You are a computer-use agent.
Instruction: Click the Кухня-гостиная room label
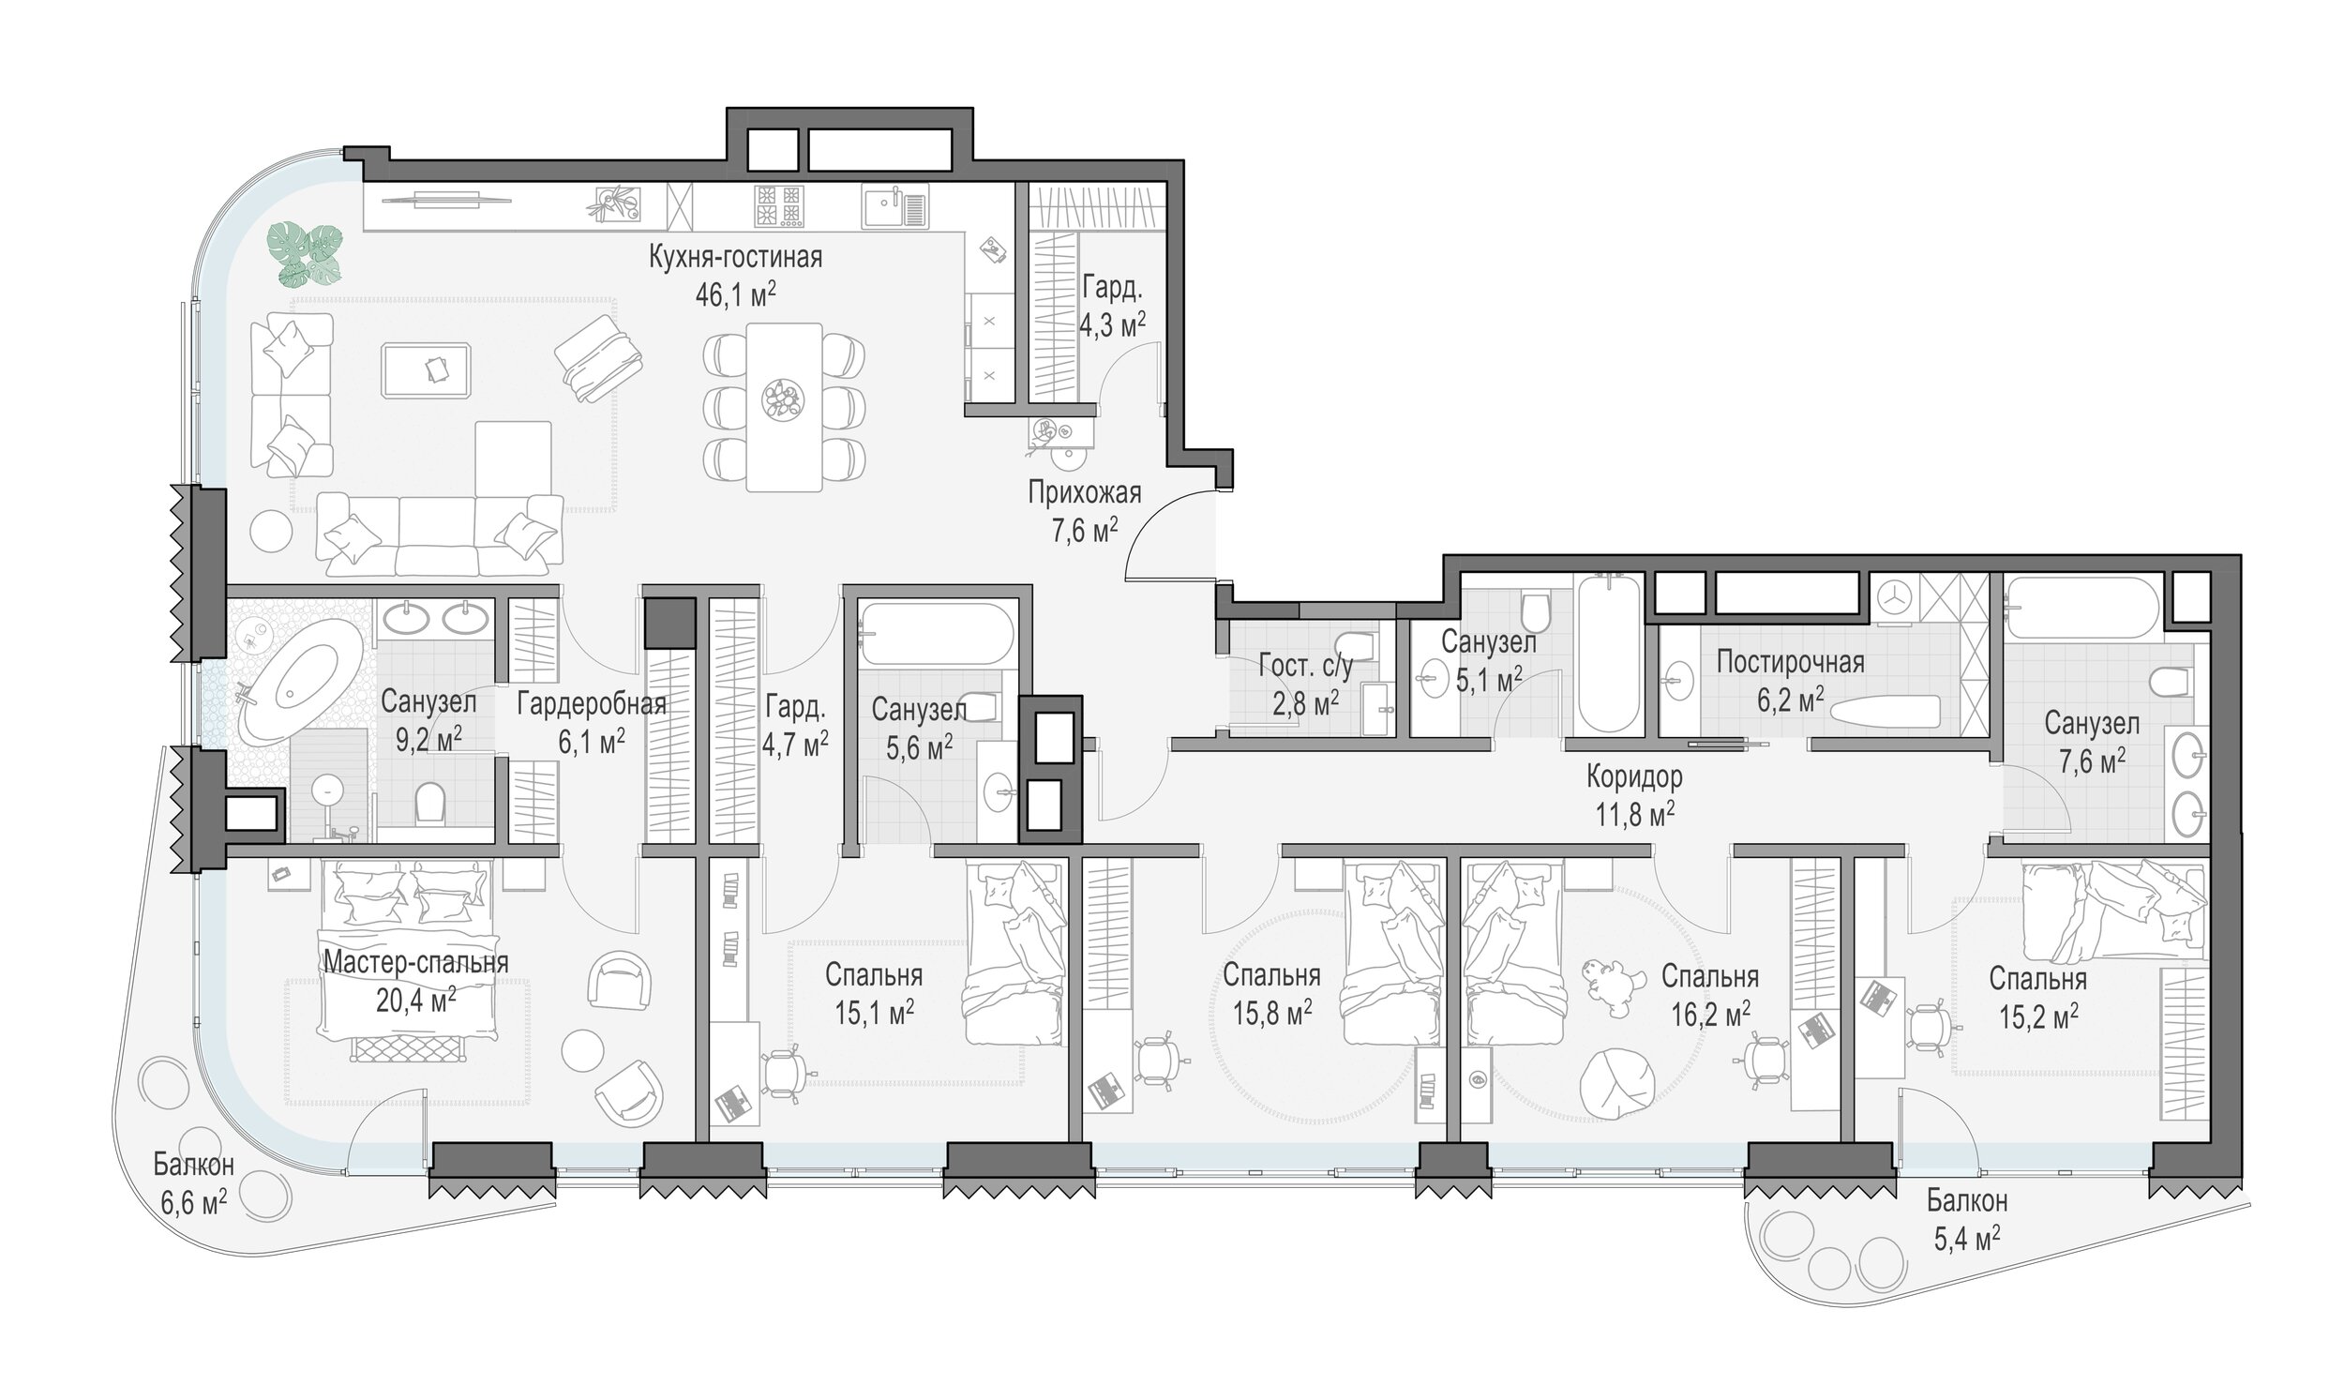coord(735,258)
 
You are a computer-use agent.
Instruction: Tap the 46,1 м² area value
coord(735,294)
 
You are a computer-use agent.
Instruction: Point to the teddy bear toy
coord(1604,987)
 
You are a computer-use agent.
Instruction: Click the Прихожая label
coord(1084,492)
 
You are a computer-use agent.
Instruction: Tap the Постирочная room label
coord(1790,661)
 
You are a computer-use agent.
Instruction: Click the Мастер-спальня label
coord(416,962)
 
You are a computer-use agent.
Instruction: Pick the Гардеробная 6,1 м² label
coord(592,723)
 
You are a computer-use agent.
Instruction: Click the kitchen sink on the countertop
coord(894,206)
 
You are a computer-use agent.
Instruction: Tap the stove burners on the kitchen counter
coord(779,206)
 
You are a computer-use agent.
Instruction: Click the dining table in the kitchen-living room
coord(784,407)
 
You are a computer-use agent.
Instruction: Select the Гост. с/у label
coord(1305,666)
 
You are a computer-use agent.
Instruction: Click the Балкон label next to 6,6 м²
coord(193,1166)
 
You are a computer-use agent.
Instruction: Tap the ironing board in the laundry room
coord(1883,712)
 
